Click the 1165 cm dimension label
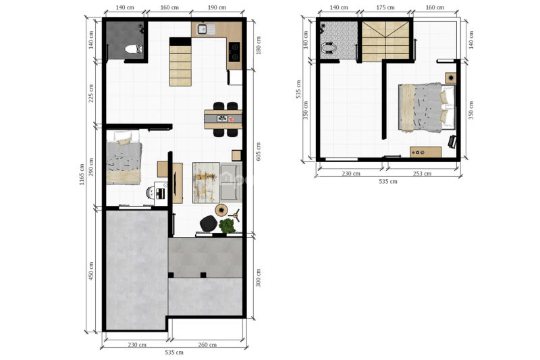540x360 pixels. click(82, 174)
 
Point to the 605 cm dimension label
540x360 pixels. click(259, 151)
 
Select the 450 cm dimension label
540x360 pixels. click(91, 271)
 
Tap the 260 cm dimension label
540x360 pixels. click(207, 344)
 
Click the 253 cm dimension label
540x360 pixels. click(423, 174)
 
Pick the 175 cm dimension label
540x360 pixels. click(385, 7)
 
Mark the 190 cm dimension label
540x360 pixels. click(217, 7)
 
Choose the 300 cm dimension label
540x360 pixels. click(259, 278)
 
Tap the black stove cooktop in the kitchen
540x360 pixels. click(234, 52)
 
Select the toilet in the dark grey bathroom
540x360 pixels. click(133, 49)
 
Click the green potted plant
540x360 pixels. click(227, 226)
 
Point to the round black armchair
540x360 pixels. click(209, 224)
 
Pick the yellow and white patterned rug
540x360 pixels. click(206, 182)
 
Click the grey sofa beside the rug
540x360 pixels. click(231, 182)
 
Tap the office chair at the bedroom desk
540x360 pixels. click(151, 193)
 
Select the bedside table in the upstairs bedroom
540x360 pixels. click(450, 78)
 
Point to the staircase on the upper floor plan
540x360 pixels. click(385, 41)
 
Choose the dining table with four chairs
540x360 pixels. click(223, 119)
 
